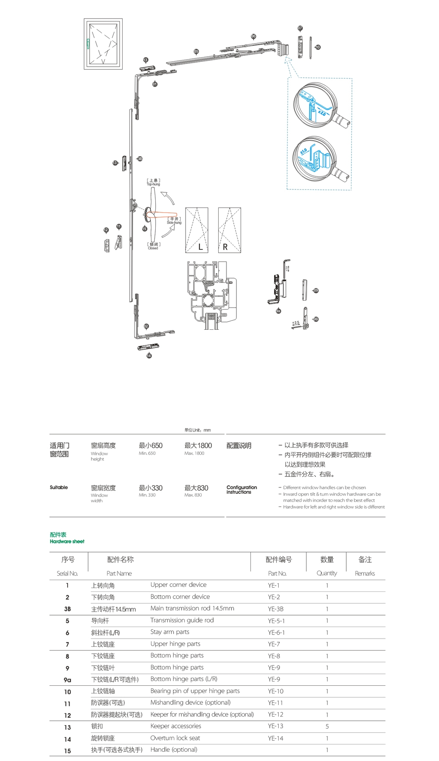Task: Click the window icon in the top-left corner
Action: click(103, 44)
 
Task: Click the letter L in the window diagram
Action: click(200, 247)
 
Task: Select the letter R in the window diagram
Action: click(225, 247)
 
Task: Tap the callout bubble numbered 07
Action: click(300, 28)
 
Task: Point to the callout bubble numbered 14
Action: click(149, 356)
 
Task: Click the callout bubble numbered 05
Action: click(196, 52)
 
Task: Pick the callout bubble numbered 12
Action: click(106, 230)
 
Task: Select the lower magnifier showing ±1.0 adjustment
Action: click(315, 157)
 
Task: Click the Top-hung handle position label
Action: click(154, 182)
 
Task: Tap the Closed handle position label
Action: click(154, 246)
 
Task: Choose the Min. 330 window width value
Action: click(150, 490)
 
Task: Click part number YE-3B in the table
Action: click(275, 609)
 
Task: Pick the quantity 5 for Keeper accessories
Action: click(327, 726)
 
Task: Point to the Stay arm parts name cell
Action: click(170, 632)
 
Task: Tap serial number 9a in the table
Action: click(67, 680)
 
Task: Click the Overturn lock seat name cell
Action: click(175, 738)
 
